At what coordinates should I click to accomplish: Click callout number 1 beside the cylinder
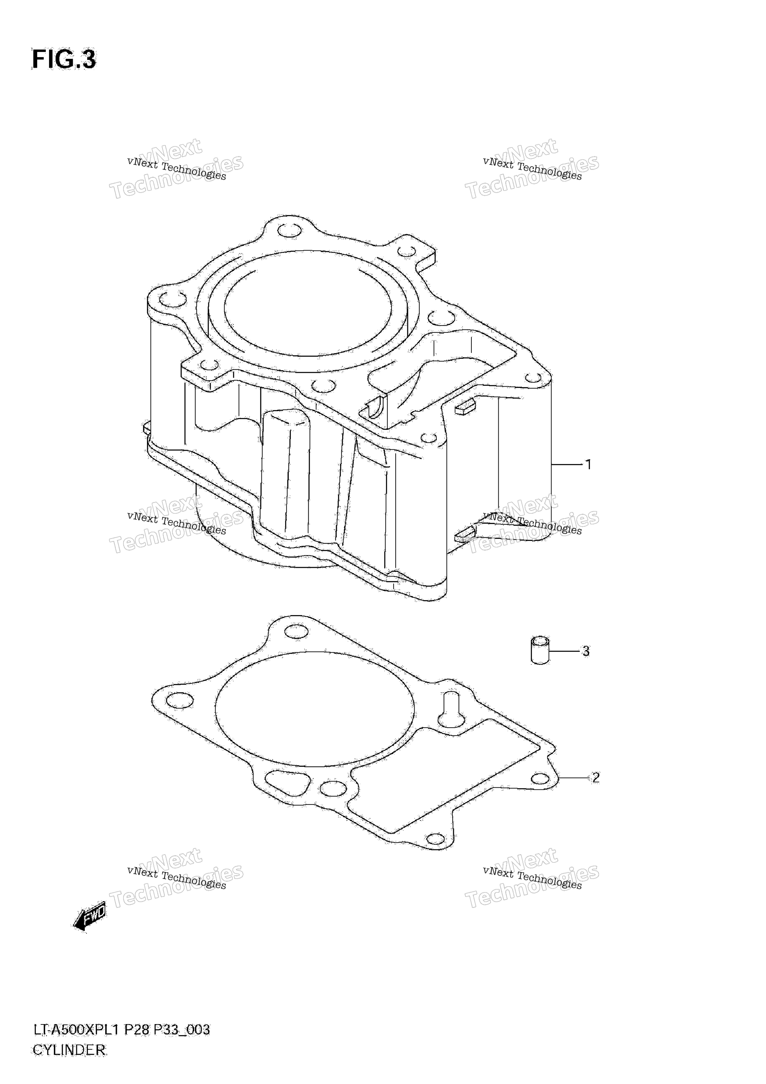coord(588,464)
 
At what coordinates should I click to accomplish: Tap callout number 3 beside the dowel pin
coord(586,651)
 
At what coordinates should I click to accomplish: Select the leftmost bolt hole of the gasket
coord(180,700)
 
